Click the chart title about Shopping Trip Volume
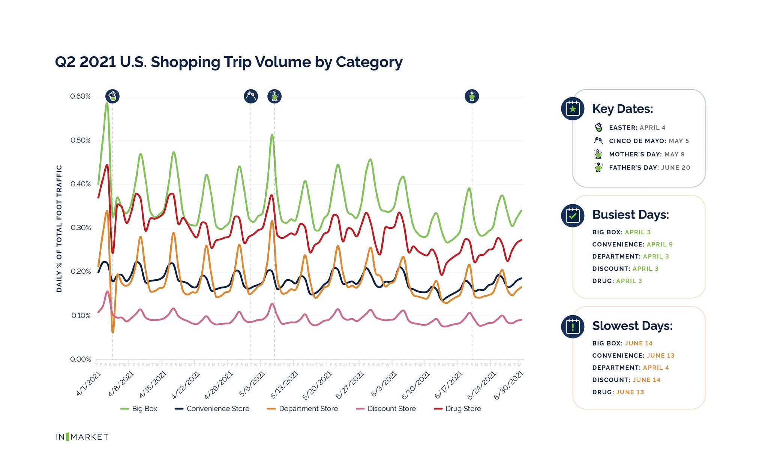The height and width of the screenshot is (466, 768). pyautogui.click(x=228, y=62)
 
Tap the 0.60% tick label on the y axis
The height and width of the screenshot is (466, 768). pyautogui.click(x=80, y=96)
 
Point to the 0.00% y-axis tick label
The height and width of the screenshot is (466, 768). pyautogui.click(x=80, y=359)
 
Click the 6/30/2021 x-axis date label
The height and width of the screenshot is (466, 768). pyautogui.click(x=508, y=385)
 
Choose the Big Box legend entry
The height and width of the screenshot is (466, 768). pyautogui.click(x=139, y=409)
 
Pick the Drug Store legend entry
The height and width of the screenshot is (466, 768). pyautogui.click(x=458, y=409)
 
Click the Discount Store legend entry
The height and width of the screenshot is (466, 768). pyautogui.click(x=386, y=409)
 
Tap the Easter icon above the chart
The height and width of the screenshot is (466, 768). pyautogui.click(x=112, y=96)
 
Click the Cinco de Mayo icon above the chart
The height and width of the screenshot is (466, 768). pyautogui.click(x=251, y=96)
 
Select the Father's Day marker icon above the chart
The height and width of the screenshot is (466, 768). pyautogui.click(x=472, y=96)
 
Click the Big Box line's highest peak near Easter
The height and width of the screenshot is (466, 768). pyautogui.click(x=107, y=103)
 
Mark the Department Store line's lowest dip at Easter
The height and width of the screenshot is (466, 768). pyautogui.click(x=113, y=332)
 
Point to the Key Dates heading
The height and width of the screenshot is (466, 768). pyautogui.click(x=622, y=109)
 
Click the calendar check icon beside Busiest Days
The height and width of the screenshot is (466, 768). pyautogui.click(x=573, y=215)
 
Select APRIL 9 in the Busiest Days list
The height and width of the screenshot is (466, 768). pyautogui.click(x=660, y=244)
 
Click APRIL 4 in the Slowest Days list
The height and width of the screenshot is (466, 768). pyautogui.click(x=656, y=368)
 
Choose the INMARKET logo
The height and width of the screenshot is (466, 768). pyautogui.click(x=82, y=437)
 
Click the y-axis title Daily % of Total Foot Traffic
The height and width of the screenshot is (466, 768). pyautogui.click(x=59, y=228)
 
